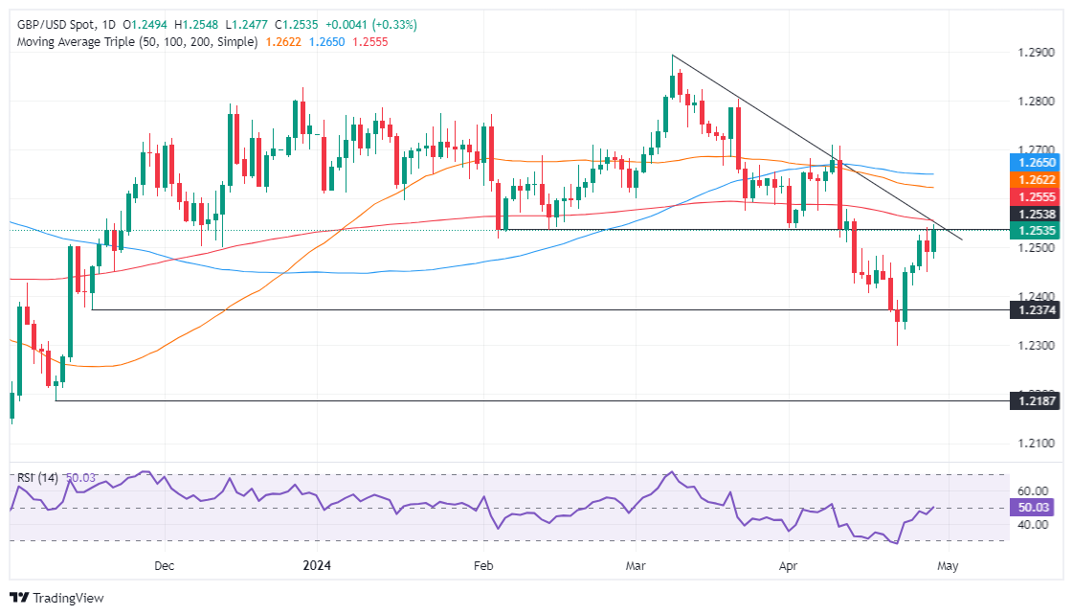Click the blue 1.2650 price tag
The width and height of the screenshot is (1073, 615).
[1038, 164]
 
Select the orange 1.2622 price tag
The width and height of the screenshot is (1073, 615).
[1038, 179]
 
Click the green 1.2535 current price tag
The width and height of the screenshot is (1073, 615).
[1038, 231]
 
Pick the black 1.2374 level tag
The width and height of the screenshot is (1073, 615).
[1038, 309]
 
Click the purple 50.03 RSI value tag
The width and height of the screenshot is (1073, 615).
[1038, 508]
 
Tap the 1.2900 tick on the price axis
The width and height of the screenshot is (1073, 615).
[1037, 53]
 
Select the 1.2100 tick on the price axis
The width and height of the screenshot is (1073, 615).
[1037, 443]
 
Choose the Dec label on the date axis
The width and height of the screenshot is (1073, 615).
[164, 565]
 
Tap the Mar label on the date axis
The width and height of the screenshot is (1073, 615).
[636, 565]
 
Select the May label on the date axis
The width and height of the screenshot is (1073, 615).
[947, 565]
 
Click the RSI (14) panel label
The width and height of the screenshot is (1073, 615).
[37, 477]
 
